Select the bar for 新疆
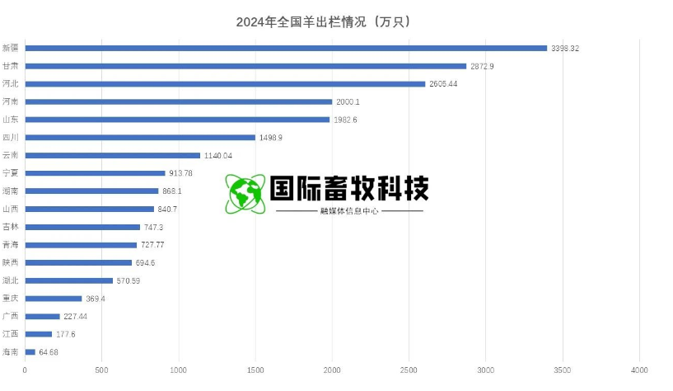[x=286, y=48]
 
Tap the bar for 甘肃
[x=245, y=66]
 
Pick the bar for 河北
[x=225, y=84]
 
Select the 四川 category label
[x=11, y=138]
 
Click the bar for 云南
[x=112, y=155]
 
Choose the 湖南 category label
[x=11, y=191]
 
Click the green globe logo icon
[x=245, y=195]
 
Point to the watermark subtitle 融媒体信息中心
[x=349, y=211]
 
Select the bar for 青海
[x=81, y=245]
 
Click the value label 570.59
[x=129, y=280]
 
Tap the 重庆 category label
[x=11, y=299]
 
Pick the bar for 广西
[x=42, y=316]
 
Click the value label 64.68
[x=49, y=352]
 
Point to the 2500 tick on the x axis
[x=409, y=370]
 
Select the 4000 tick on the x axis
[x=639, y=370]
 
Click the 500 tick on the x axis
[x=101, y=370]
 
